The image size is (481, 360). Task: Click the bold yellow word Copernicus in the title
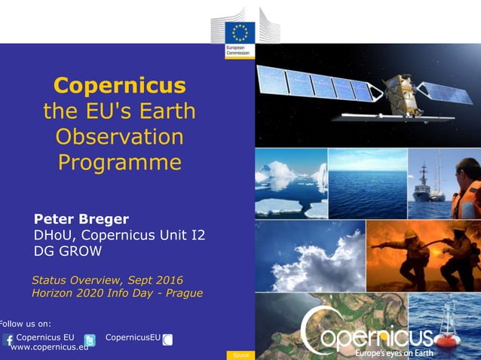click(120, 84)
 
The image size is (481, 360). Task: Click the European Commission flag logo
click(240, 33)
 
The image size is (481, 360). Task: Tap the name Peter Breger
click(81, 219)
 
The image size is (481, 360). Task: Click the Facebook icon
click(9, 340)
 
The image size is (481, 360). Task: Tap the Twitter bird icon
click(90, 340)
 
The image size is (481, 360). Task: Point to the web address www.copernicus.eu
click(49, 347)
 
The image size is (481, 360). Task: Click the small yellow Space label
click(240, 355)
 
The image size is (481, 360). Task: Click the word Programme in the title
click(120, 163)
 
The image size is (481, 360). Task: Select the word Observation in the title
click(120, 137)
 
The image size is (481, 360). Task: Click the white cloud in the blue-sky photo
click(309, 260)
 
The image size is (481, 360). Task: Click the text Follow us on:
click(26, 324)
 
